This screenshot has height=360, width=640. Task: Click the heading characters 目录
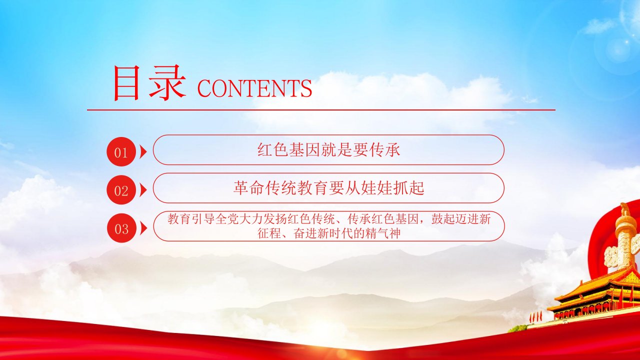pos(149,83)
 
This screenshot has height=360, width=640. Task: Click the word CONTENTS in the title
pos(254,88)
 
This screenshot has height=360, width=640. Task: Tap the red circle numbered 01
pos(121,151)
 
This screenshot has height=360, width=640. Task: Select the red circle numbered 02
pos(121,190)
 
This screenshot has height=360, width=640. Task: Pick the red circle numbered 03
pos(121,228)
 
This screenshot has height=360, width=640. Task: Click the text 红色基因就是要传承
pos(328,149)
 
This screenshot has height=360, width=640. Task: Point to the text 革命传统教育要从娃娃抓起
pos(328,188)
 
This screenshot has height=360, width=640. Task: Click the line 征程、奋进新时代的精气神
pos(328,233)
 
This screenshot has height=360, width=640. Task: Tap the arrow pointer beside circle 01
pos(143,151)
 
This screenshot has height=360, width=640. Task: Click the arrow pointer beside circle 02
pos(143,190)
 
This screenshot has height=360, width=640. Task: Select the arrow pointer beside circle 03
pos(143,228)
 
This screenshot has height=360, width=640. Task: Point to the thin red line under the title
pos(321,109)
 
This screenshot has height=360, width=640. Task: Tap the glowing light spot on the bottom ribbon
pos(340,353)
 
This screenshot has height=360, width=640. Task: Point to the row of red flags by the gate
pos(535,316)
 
